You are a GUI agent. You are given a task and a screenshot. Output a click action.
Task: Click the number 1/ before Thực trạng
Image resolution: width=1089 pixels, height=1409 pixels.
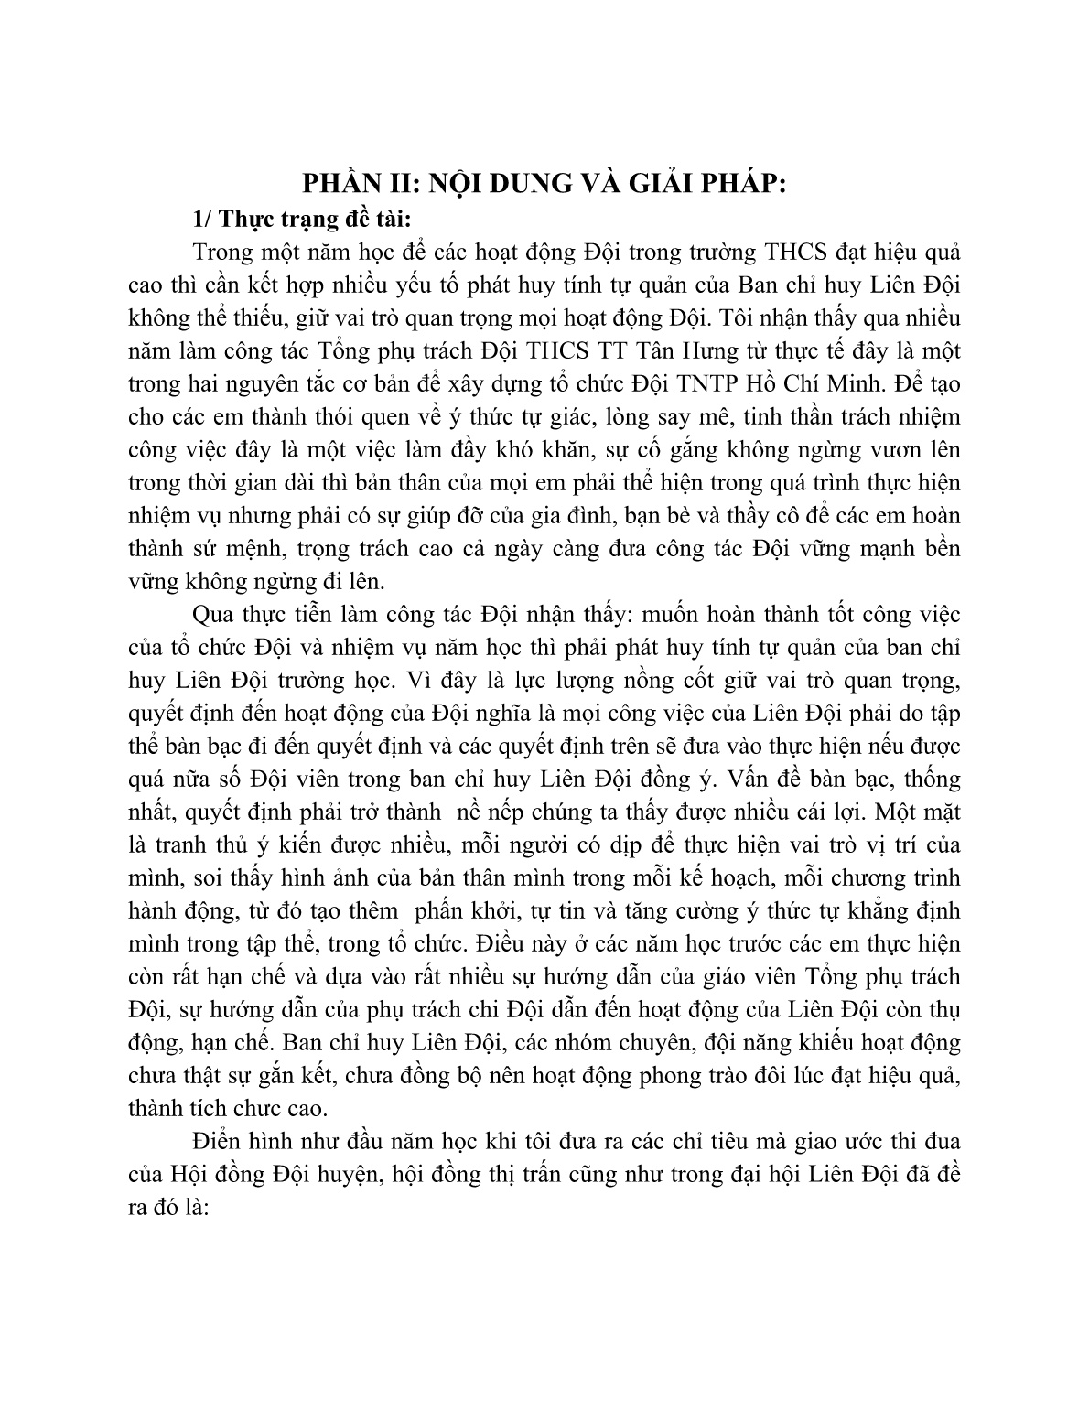coord(203,219)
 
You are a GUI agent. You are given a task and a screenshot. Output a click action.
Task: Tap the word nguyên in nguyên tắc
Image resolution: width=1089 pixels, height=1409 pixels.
coord(248,384)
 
